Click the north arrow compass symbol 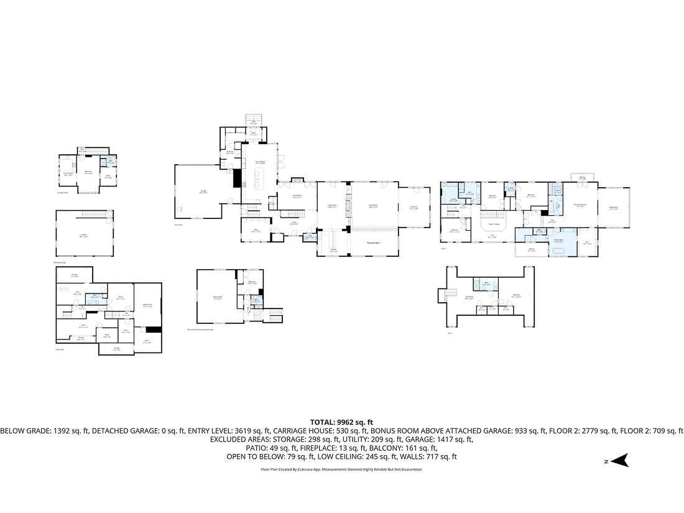[x=621, y=461]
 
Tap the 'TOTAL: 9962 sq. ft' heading [x=341, y=422]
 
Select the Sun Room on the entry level [x=414, y=208]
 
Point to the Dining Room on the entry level [x=297, y=196]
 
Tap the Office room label [x=255, y=230]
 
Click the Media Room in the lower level [x=148, y=305]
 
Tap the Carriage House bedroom [x=88, y=172]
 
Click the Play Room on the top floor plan [x=469, y=297]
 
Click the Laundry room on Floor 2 [x=453, y=200]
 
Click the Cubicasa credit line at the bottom [x=341, y=469]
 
